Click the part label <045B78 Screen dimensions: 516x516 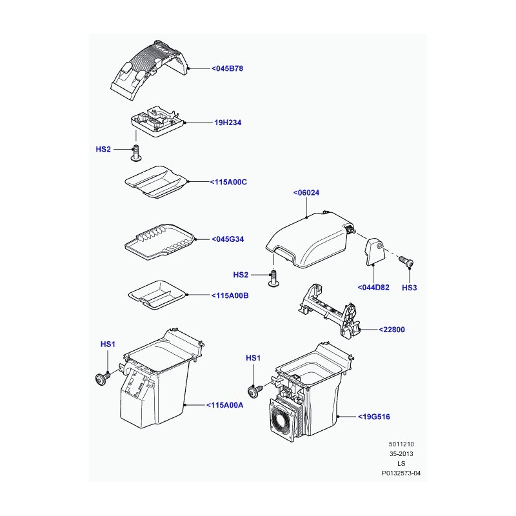pos(227,68)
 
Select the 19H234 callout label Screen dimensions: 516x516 pos(228,123)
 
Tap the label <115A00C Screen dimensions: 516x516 pos(228,182)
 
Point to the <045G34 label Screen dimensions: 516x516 pos(228,239)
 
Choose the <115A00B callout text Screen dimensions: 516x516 pos(230,295)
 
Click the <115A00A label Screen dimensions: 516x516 pos(224,405)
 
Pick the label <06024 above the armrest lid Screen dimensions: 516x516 pos(306,192)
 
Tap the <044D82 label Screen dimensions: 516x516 pos(373,287)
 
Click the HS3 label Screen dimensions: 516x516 pos(410,288)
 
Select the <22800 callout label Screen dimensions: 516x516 pos(392,330)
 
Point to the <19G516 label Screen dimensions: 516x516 pos(374,417)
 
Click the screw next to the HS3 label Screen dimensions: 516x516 pos(406,262)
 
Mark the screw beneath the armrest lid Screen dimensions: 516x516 pos(273,279)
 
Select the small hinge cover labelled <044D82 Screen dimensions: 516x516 pos(375,252)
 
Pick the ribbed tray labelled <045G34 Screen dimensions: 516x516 pos(160,242)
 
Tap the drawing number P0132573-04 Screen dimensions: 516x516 pos(401,473)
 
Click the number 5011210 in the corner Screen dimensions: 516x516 pos(401,444)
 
